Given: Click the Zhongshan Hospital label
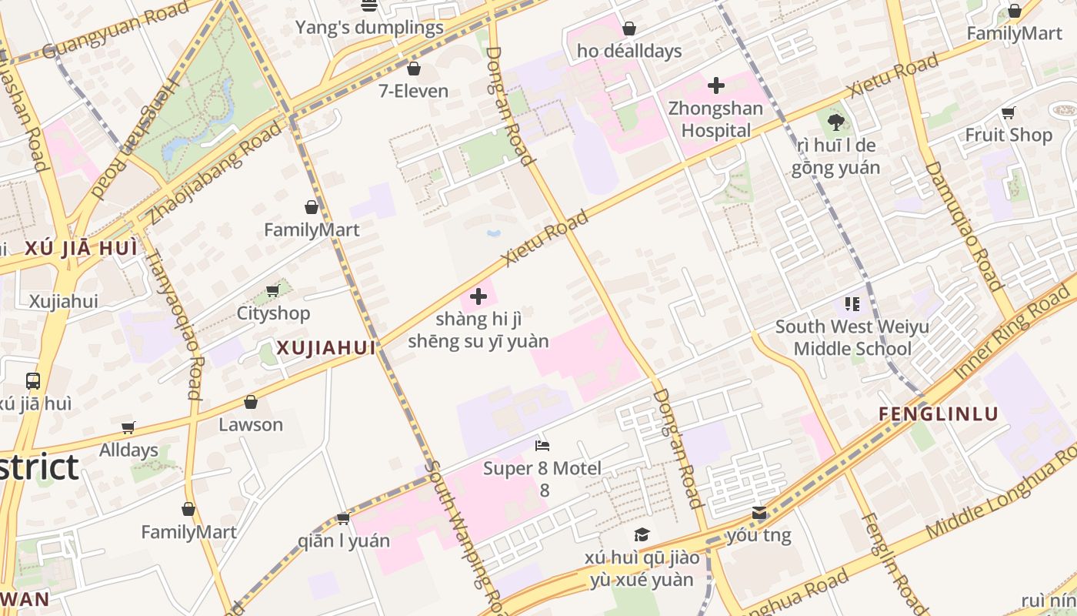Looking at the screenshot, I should [x=715, y=119].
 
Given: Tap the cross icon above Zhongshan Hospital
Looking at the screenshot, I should [x=716, y=85].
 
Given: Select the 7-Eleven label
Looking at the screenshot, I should [x=413, y=91].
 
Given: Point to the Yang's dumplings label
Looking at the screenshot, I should [x=369, y=28].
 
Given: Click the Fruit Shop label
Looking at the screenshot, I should [x=1009, y=135].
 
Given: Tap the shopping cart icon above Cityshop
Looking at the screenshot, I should [x=272, y=290].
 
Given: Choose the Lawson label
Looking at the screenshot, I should [x=251, y=424].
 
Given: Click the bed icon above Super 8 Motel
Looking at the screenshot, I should [x=542, y=445].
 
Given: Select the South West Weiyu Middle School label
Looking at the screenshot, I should [x=852, y=337].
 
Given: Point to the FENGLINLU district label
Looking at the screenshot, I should [x=939, y=414].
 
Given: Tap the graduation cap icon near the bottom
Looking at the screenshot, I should [x=642, y=534].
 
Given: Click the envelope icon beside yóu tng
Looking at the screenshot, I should [x=759, y=513].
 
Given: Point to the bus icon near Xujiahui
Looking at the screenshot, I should [x=33, y=380].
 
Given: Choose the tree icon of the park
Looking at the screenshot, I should [x=836, y=121].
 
